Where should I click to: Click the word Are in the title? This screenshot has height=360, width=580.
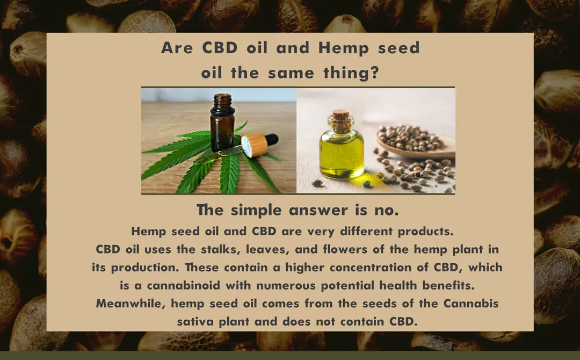[x=177, y=48]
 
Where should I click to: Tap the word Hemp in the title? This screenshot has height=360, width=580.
[x=343, y=48]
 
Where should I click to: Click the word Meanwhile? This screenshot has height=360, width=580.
[x=130, y=304]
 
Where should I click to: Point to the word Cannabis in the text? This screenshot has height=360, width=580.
[x=471, y=304]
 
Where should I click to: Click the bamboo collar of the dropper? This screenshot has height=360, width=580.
[x=255, y=145]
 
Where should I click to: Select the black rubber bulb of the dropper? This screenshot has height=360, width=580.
[x=272, y=140]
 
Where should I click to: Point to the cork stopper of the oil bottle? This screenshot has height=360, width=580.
[x=340, y=119]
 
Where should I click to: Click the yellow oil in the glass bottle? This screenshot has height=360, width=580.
[x=342, y=155]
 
